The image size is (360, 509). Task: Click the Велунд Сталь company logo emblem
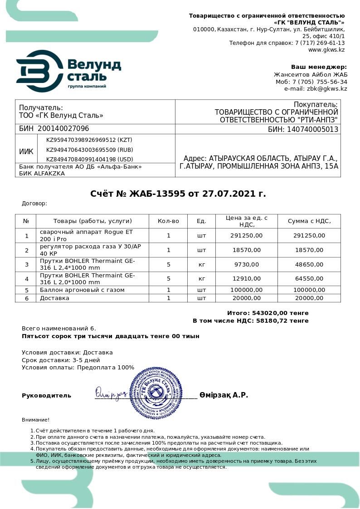point(40,71)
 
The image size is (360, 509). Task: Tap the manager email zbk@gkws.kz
point(327,89)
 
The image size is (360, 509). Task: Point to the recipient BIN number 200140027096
point(67,129)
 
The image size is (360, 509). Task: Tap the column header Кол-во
point(168,221)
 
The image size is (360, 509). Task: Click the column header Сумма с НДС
point(309,221)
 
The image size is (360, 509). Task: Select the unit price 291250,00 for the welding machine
point(246,236)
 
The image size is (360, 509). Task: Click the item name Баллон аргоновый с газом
point(82,290)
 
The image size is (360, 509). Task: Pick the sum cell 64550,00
point(309,279)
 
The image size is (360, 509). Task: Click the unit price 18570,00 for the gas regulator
point(246,250)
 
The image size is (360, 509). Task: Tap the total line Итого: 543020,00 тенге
point(268,313)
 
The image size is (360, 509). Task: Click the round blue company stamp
point(156,393)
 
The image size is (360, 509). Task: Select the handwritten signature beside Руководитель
point(111,393)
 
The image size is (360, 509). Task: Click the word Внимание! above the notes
point(36,420)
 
